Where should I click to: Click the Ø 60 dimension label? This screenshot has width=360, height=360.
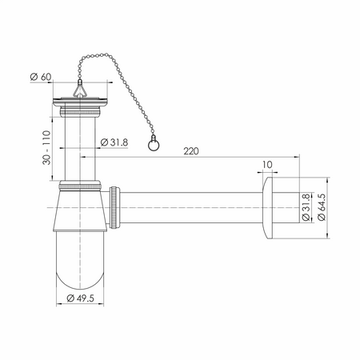(x=41, y=77)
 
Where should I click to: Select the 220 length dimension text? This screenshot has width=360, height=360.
(x=191, y=151)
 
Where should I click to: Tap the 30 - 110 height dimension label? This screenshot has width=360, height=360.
(x=46, y=147)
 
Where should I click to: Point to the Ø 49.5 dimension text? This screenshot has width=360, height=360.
(x=80, y=298)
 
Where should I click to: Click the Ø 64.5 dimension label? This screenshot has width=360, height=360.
(x=322, y=207)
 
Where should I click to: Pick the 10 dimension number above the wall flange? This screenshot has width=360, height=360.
(x=267, y=165)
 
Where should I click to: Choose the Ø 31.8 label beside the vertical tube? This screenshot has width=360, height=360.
(x=114, y=142)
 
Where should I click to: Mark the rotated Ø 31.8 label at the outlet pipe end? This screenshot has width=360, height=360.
(x=306, y=207)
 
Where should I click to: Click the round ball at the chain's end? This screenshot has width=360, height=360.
(x=154, y=145)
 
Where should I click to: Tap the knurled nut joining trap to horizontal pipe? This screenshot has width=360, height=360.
(x=114, y=207)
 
